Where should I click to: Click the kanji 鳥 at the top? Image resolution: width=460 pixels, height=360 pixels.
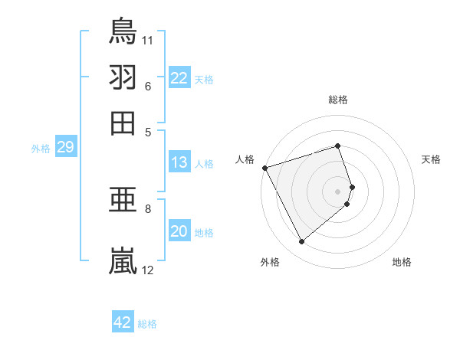point(123,31)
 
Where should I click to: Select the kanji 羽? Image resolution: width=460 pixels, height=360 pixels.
point(123,77)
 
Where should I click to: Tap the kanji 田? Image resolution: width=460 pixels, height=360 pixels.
point(123,123)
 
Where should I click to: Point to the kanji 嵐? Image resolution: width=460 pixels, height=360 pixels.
point(123,260)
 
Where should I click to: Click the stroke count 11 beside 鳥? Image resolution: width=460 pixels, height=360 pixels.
point(148,38)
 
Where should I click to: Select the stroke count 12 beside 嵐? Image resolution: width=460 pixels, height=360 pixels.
point(148,270)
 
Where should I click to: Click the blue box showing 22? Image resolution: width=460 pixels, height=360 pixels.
point(179,78)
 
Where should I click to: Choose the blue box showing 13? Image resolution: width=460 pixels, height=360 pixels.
point(179,162)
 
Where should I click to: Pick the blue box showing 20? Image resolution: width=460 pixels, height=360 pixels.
point(179,232)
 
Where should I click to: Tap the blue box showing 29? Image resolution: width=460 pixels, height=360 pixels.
point(64,148)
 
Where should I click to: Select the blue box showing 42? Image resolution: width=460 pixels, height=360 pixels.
point(123,322)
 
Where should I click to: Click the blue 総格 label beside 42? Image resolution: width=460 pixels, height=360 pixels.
point(148,324)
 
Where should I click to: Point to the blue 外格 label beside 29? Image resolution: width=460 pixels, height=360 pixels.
point(40,149)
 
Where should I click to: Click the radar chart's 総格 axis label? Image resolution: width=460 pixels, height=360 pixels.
point(338,100)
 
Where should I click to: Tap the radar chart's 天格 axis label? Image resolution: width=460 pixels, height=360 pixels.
point(432,159)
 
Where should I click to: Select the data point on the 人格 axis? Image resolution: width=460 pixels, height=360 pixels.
point(264,167)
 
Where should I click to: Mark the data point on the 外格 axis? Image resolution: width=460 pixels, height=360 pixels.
point(301,242)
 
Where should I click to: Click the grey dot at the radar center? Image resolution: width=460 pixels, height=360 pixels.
point(338,191)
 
